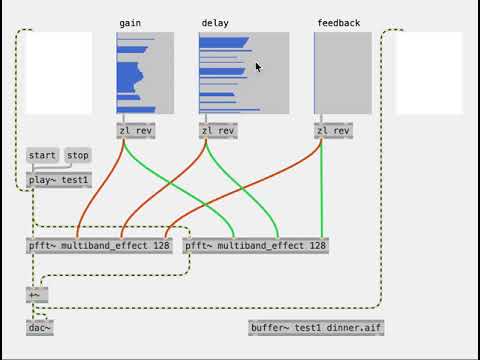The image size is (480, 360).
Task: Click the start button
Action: pyautogui.click(x=42, y=155)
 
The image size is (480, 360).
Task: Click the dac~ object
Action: pyautogui.click(x=40, y=327)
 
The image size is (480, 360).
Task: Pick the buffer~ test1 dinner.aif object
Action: pyautogui.click(x=316, y=327)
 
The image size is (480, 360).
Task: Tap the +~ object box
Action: pyautogui.click(x=37, y=294)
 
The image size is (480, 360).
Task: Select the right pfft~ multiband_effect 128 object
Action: pyautogui.click(x=256, y=245)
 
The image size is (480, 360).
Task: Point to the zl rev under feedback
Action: pyautogui.click(x=334, y=131)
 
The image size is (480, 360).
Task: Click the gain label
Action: pyautogui.click(x=130, y=22)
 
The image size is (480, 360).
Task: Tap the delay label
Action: pyautogui.click(x=214, y=22)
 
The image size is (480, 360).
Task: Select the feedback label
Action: pyautogui.click(x=339, y=22)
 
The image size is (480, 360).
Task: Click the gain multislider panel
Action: pyautogui.click(x=145, y=73)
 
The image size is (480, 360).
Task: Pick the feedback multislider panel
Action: pyautogui.click(x=343, y=73)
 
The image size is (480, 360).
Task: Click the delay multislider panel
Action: pyautogui.click(x=244, y=73)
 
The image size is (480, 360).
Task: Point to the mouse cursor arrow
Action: pyautogui.click(x=257, y=66)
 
